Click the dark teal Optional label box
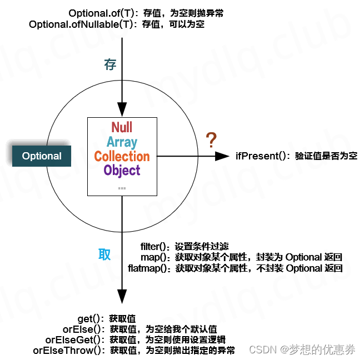pos(42,156)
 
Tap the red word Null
pos(122,127)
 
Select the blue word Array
pos(122,142)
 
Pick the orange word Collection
pos(122,156)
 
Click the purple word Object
pos(122,171)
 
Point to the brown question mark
pos(211,141)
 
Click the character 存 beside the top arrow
pos(110,64)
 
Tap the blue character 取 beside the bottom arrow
pos(104,254)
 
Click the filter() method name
pos(157,246)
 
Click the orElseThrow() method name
pos(68,351)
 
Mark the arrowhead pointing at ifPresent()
pos(223,156)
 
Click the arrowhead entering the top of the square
pos(122,110)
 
